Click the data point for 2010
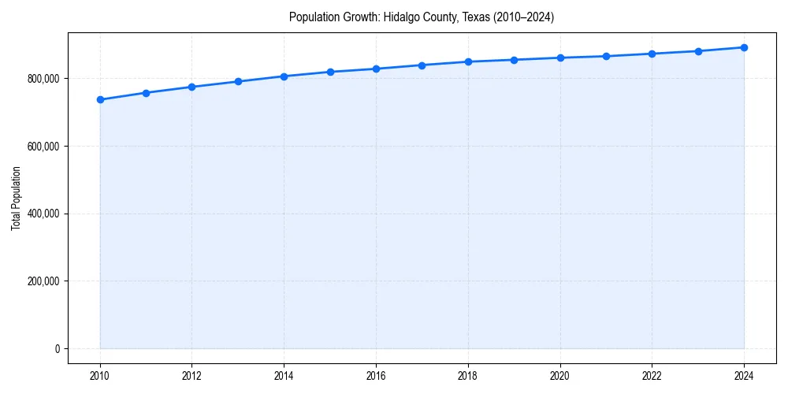coord(100,99)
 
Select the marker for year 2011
coord(146,93)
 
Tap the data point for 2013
coord(238,81)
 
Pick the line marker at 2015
coord(330,72)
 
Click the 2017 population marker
coord(422,65)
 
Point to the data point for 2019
coord(514,60)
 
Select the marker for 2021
coord(606,56)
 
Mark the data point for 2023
coord(698,51)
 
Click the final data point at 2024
coord(744,47)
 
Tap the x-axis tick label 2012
coord(191,377)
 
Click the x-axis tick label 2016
coord(376,377)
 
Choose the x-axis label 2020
coord(560,377)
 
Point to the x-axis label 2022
coord(652,377)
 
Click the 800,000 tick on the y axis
coord(43,79)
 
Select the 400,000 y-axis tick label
coord(43,214)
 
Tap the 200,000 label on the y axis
coord(43,281)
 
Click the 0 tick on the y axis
coord(57,348)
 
